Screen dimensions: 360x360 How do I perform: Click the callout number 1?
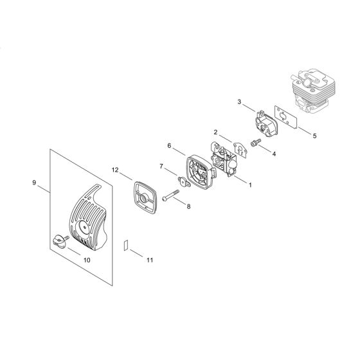click(250, 183)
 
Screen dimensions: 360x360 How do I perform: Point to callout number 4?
click(274, 154)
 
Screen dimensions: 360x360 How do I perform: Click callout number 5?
click(314, 136)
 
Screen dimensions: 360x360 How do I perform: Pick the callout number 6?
click(170, 146)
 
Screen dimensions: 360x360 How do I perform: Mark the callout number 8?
click(188, 206)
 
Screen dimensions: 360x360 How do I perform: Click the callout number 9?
click(34, 183)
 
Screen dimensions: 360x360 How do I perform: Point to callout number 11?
click(150, 260)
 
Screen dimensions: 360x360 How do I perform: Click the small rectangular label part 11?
click(127, 245)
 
